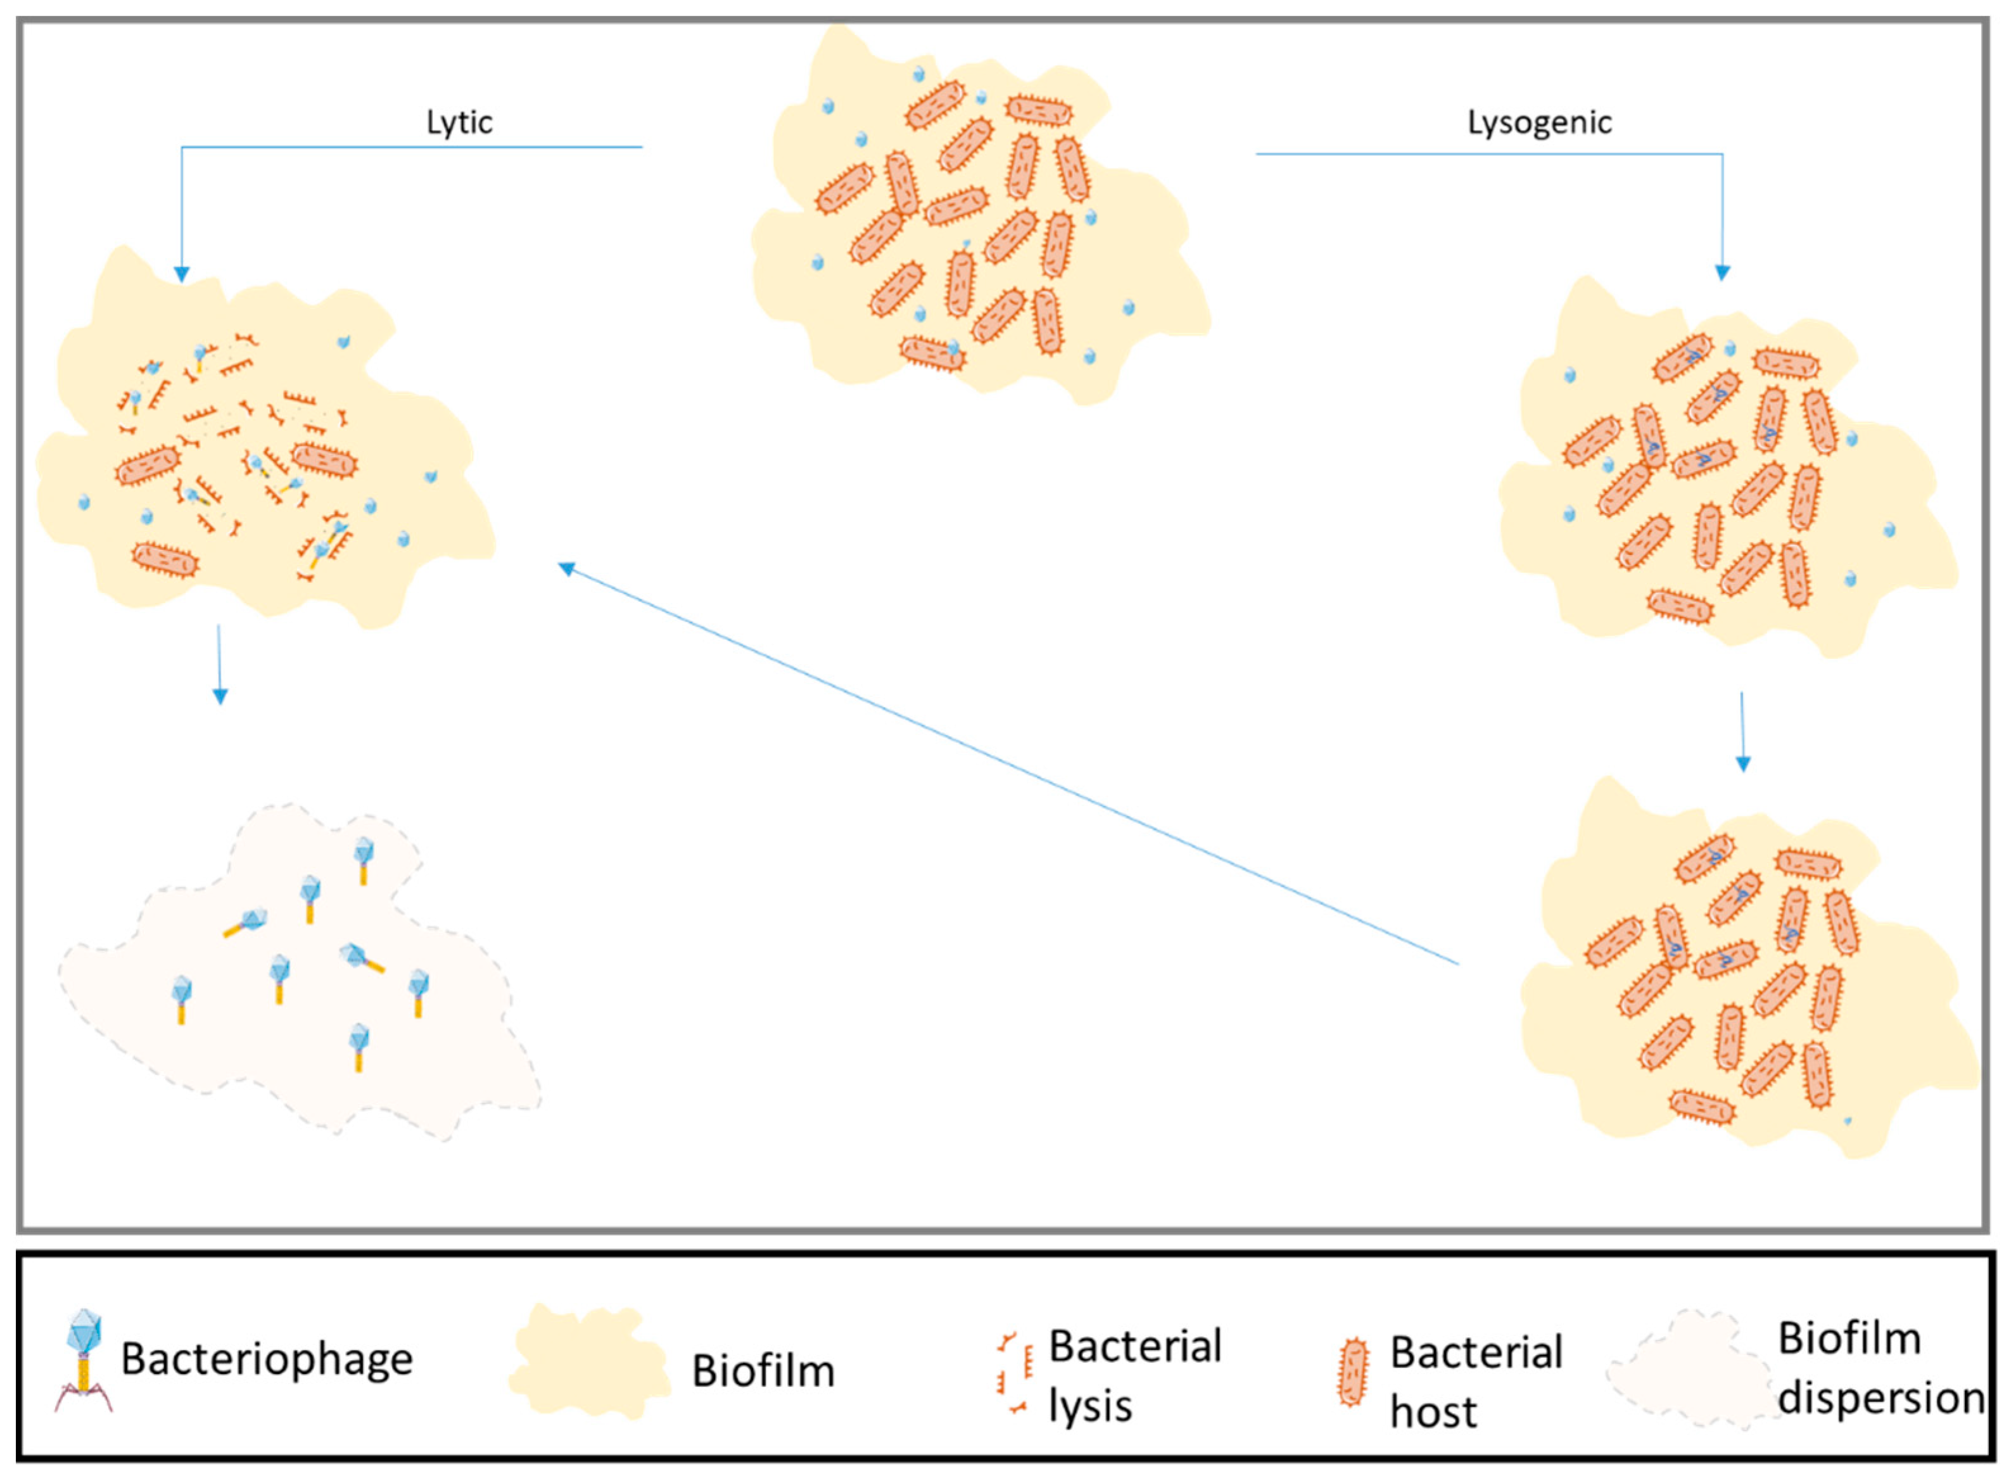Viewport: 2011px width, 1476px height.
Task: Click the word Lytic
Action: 459,122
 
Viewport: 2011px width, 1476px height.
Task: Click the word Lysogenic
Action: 1539,122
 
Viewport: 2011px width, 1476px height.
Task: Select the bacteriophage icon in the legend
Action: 84,1360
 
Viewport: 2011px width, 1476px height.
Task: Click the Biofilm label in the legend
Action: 763,1371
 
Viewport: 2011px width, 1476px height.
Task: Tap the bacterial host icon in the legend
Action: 1352,1371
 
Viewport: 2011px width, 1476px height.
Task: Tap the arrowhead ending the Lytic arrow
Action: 181,274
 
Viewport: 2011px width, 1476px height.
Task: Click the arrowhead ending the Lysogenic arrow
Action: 1722,272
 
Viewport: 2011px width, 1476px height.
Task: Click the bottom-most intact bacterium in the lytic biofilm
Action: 165,559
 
